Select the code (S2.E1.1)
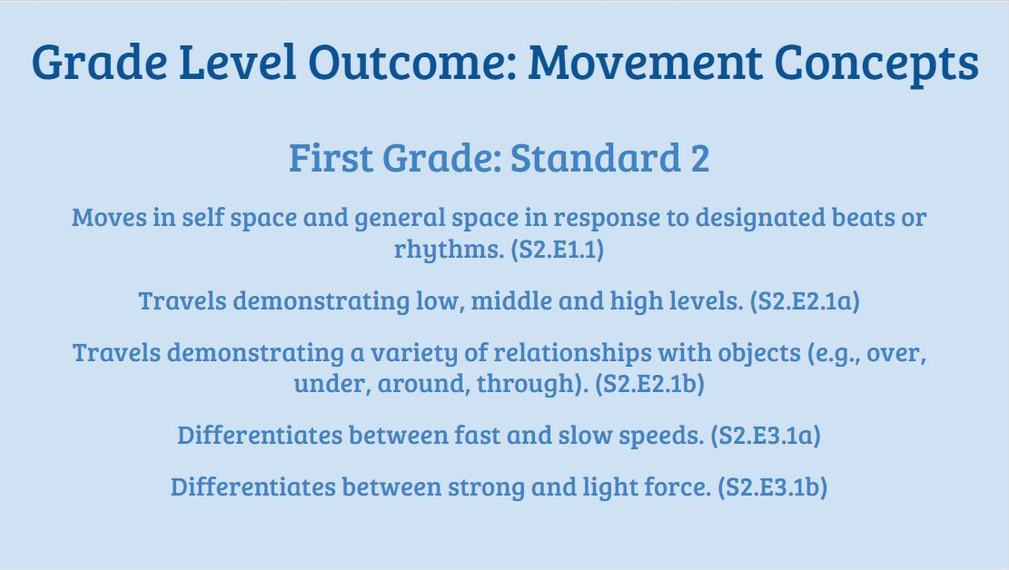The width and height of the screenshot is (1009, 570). click(x=557, y=250)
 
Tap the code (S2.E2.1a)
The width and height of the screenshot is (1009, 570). click(x=805, y=301)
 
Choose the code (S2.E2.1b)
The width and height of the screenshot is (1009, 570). click(x=649, y=384)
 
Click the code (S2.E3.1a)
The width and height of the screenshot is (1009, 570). click(x=766, y=436)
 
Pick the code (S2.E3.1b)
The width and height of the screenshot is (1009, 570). click(x=772, y=487)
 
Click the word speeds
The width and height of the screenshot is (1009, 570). click(x=652, y=437)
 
